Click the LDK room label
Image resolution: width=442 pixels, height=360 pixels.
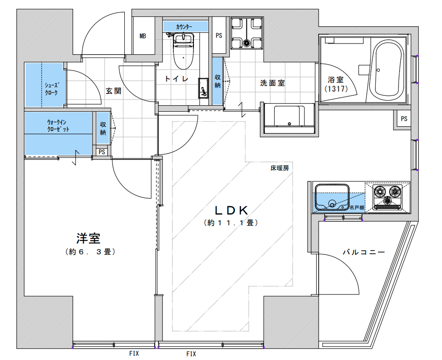[231, 210]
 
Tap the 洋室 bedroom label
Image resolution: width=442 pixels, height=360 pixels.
[88, 238]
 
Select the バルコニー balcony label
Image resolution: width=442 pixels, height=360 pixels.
[364, 252]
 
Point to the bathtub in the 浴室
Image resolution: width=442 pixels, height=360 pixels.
[386, 69]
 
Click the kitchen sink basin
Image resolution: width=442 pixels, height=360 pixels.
[332, 197]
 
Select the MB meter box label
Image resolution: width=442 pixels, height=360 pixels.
[143, 36]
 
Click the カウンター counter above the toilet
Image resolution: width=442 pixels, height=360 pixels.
[185, 27]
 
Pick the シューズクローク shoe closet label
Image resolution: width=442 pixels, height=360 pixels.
[51, 88]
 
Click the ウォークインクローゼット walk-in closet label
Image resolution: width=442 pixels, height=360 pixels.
[58, 126]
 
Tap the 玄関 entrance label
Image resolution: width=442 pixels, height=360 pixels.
[114, 91]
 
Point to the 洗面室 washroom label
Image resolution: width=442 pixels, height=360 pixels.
[272, 83]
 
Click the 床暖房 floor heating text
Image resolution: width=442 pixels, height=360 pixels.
[279, 168]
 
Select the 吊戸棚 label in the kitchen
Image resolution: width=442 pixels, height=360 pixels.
[357, 208]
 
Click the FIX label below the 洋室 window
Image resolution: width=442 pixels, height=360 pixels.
[134, 353]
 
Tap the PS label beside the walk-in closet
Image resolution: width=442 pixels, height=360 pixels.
[102, 152]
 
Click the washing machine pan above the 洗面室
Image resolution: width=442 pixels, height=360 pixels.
[247, 33]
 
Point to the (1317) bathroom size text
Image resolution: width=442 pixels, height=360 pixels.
[336, 89]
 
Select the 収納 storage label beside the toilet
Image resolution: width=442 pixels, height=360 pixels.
[217, 81]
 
